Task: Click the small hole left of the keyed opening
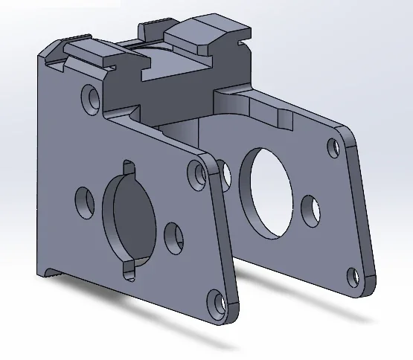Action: [83, 200]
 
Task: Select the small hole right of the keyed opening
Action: [173, 236]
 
